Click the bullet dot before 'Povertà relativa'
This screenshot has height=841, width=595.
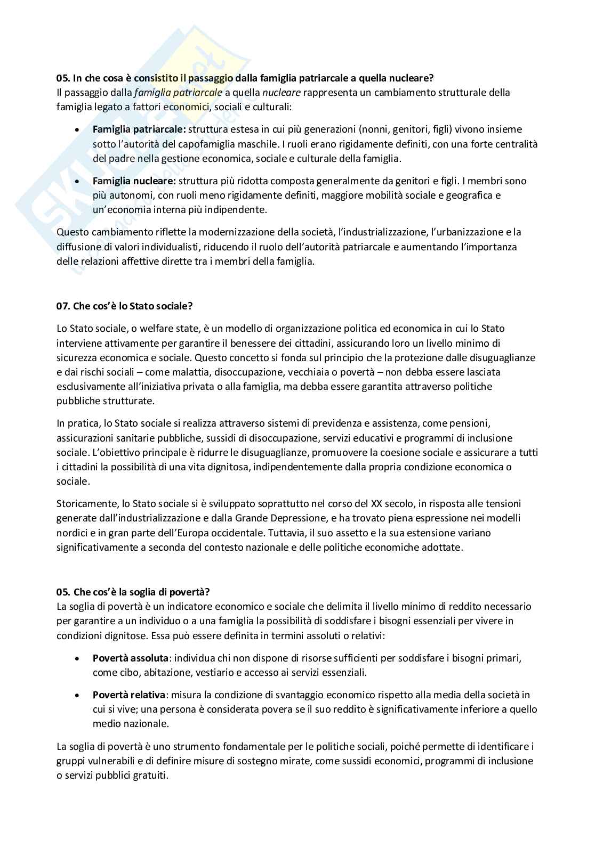point(78,696)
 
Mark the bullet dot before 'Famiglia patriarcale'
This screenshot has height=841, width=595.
point(78,130)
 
